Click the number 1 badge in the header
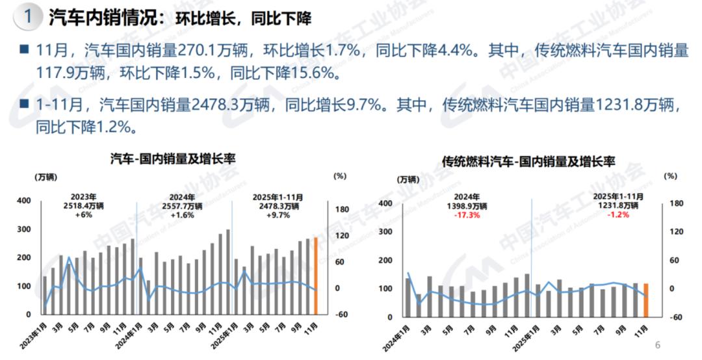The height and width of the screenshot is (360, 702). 27,17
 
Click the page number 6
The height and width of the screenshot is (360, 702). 657,344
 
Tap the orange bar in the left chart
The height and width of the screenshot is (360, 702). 317,276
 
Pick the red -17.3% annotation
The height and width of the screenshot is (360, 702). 467,215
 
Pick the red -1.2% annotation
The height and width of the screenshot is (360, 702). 617,215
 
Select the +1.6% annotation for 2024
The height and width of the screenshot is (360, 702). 185,215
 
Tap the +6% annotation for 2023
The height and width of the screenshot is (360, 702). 83,215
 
